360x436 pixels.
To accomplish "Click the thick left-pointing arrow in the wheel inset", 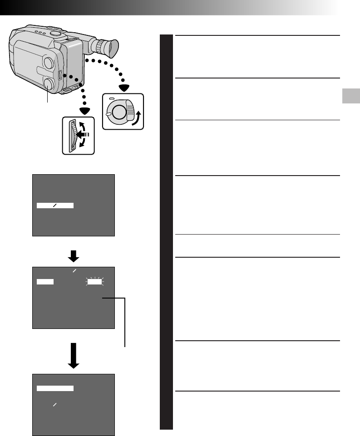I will click(82, 135).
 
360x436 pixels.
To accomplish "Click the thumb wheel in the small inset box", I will click(70, 135).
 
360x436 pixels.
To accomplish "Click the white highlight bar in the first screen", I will click(55, 206).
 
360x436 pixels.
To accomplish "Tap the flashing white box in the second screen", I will click(95, 282).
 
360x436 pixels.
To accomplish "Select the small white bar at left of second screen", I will click(45, 282).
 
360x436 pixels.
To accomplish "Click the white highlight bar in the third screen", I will click(55, 388).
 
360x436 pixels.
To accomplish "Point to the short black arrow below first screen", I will click(74, 256).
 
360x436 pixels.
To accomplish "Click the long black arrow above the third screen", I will click(74, 356).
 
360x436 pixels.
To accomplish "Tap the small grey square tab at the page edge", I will click(350, 97).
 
